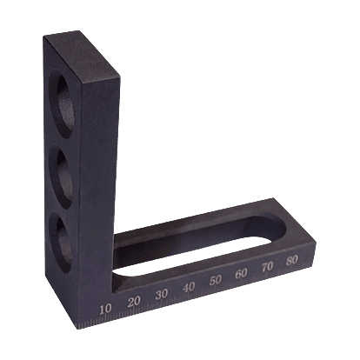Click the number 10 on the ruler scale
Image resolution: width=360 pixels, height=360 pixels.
click(105, 310)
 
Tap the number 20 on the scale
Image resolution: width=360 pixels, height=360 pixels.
click(134, 302)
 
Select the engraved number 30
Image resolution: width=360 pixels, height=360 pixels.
click(162, 295)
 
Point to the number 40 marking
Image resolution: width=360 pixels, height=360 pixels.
click(189, 288)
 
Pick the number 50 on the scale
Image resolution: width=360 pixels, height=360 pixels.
click(216, 280)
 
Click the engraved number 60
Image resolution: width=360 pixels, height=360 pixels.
click(241, 274)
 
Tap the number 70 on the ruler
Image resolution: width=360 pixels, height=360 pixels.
click(267, 267)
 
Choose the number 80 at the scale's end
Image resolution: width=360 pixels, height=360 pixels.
click(291, 260)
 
